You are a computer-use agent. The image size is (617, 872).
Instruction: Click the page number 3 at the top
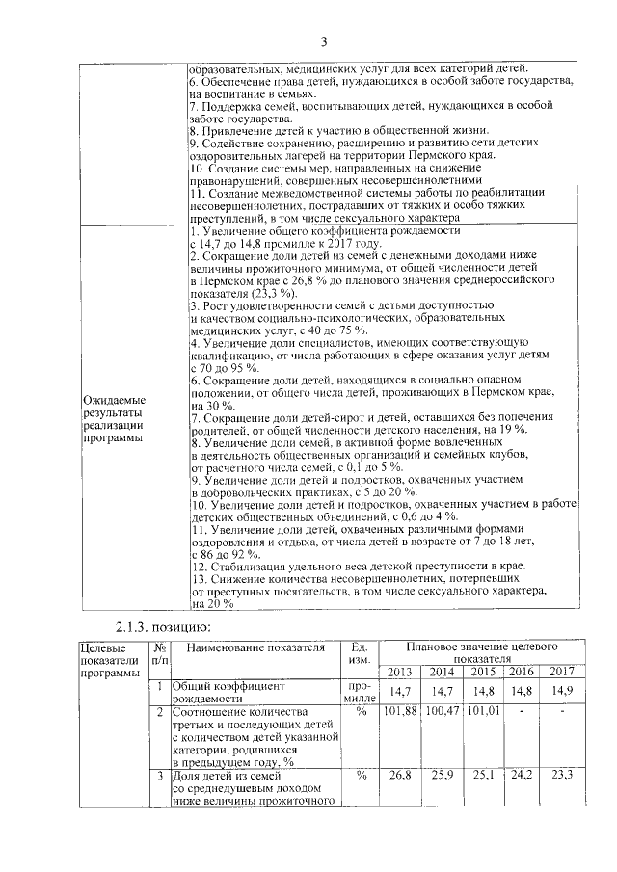(324, 40)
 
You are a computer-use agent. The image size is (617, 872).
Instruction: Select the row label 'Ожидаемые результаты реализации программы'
(114, 418)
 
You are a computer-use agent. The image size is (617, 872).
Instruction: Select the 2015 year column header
(482, 672)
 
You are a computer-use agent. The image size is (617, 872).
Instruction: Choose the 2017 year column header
(559, 672)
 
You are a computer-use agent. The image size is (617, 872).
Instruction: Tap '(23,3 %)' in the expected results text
(250, 291)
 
